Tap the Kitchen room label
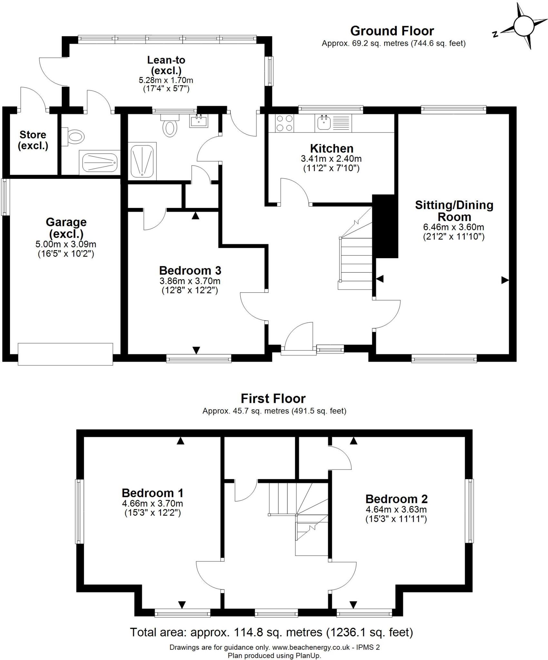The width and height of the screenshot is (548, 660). click(x=332, y=149)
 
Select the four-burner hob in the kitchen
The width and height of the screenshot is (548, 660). click(x=284, y=123)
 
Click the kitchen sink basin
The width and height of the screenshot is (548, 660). click(x=324, y=123)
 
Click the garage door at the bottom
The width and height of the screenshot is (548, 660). click(x=65, y=354)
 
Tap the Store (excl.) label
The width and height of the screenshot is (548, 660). click(x=33, y=140)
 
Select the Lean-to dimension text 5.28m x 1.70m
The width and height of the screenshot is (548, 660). click(x=166, y=80)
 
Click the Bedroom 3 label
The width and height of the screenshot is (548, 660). click(x=190, y=270)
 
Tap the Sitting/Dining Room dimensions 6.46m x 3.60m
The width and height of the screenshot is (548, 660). click(x=453, y=227)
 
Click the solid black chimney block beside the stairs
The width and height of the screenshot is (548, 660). click(x=384, y=226)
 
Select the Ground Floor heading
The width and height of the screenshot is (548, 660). click(x=392, y=31)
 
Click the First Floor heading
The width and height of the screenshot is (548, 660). click(x=273, y=399)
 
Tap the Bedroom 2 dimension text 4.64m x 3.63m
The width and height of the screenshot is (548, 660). click(x=396, y=510)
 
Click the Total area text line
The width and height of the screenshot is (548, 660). click(x=271, y=632)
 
